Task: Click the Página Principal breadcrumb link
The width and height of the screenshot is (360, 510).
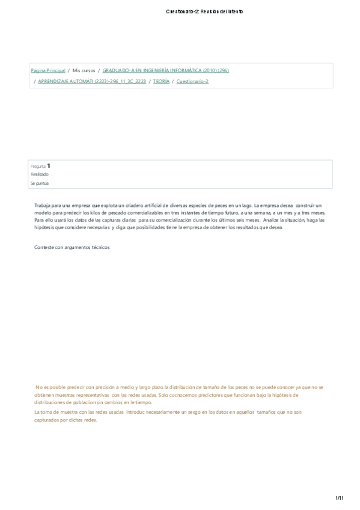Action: [x=48, y=70]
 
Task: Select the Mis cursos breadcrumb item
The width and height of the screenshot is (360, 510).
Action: [x=84, y=70]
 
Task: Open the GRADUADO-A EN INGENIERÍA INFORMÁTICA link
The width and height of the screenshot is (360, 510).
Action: [x=166, y=70]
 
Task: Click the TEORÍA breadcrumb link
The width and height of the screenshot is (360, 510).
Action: [x=161, y=81]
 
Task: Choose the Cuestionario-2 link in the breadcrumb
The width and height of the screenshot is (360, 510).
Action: [x=192, y=81]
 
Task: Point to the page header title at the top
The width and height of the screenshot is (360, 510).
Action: [x=204, y=11]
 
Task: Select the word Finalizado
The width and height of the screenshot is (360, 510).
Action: [x=40, y=174]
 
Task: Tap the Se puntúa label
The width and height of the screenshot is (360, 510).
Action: [x=39, y=183]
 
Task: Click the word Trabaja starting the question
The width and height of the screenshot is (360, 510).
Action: [x=43, y=206]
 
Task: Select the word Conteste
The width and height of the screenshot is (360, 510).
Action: [x=44, y=247]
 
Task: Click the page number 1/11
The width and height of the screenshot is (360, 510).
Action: [x=339, y=497]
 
